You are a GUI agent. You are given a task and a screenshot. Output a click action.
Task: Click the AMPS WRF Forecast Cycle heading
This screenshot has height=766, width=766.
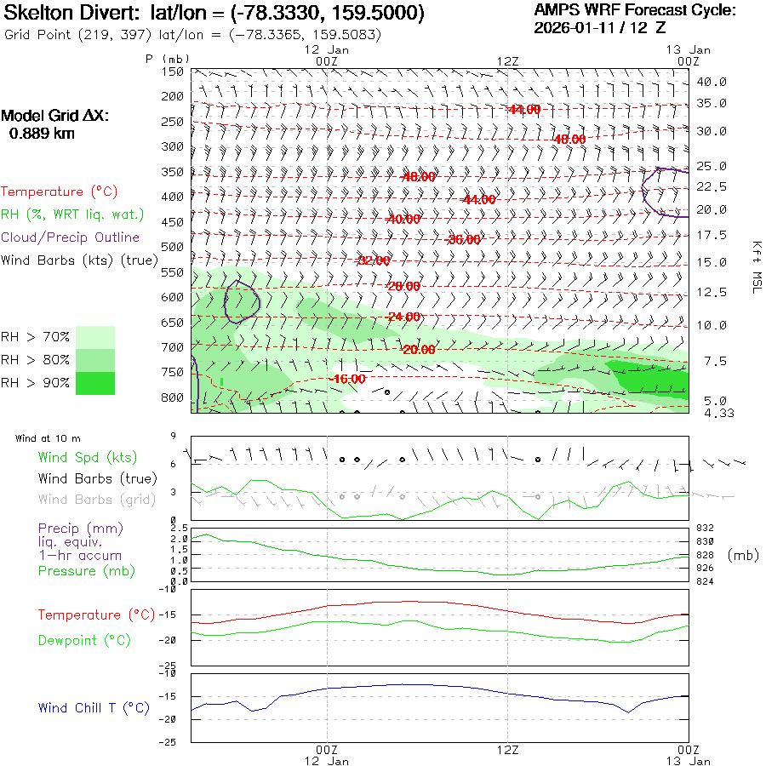635,10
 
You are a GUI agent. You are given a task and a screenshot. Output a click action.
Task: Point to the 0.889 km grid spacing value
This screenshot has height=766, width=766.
42,133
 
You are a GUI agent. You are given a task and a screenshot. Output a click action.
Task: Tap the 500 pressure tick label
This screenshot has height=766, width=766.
174,247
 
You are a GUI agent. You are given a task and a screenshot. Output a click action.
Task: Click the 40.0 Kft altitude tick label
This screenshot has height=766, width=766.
712,82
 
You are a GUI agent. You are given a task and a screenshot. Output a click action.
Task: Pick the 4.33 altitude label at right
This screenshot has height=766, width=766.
712,413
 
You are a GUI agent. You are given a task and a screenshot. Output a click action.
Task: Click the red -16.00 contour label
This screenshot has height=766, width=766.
349,379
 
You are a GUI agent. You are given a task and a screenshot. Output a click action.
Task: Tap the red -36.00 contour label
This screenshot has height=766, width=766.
463,240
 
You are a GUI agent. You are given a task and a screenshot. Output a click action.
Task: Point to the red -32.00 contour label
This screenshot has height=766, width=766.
374,260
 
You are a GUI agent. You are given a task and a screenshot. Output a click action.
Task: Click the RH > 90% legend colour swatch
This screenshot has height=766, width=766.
95,383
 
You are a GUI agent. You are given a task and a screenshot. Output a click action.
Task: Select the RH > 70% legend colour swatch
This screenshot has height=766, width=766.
95,337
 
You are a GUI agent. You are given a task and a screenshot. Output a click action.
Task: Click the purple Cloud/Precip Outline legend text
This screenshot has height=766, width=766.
70,237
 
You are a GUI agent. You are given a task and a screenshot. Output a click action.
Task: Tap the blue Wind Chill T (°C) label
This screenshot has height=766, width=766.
94,707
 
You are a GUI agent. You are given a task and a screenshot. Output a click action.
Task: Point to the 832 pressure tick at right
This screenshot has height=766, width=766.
705,528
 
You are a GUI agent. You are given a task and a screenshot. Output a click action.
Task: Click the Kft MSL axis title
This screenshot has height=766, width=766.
754,267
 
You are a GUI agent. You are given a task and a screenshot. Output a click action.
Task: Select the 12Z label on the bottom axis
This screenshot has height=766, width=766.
507,750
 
